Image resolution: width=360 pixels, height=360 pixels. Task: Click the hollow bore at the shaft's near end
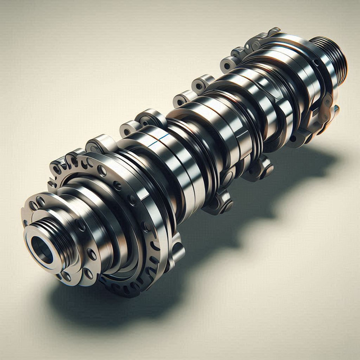click(42, 248)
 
